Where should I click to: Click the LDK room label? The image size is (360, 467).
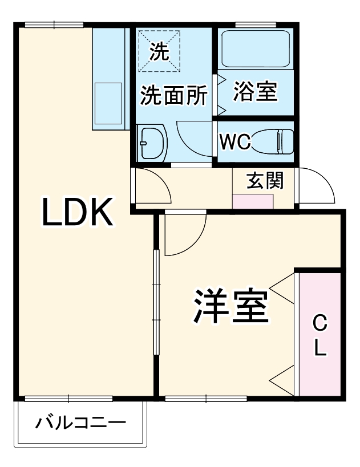[78, 212]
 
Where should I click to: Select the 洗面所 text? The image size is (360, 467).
[174, 95]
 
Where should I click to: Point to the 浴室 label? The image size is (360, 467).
[256, 91]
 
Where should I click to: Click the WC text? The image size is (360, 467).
[235, 142]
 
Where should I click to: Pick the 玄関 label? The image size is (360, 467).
[265, 181]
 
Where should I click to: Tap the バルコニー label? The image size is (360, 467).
[80, 423]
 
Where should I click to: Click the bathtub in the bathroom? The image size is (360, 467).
[256, 49]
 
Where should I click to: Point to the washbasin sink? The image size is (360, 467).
[152, 143]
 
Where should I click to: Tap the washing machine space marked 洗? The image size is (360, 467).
[160, 51]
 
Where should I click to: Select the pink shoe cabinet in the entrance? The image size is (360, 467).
[253, 201]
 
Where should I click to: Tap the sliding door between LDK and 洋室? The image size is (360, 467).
[156, 302]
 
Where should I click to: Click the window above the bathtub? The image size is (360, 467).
[256, 25]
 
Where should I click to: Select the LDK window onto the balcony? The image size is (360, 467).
[68, 399]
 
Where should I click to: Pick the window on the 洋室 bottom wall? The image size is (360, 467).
[206, 399]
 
